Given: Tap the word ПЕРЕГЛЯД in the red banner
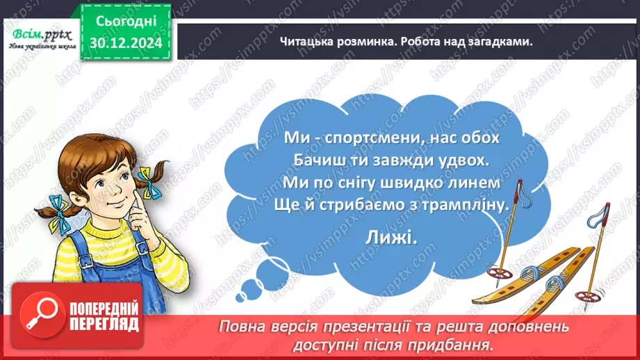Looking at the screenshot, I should coord(104,324).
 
